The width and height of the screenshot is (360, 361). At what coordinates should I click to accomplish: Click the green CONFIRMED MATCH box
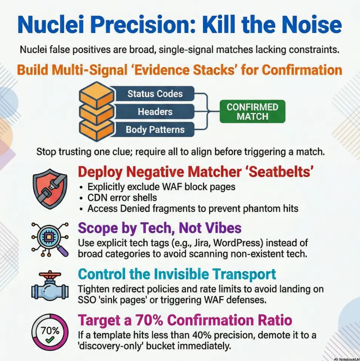coord(252,111)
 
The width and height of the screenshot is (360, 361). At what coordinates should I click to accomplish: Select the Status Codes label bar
coord(155,94)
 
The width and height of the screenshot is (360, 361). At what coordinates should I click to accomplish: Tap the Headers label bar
coord(155,112)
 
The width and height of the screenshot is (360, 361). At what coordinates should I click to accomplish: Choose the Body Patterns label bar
coord(155,130)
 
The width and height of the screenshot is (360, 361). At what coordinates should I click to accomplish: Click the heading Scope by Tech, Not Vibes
coord(160,228)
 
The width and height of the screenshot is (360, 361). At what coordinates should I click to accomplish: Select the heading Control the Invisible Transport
coord(177,274)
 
